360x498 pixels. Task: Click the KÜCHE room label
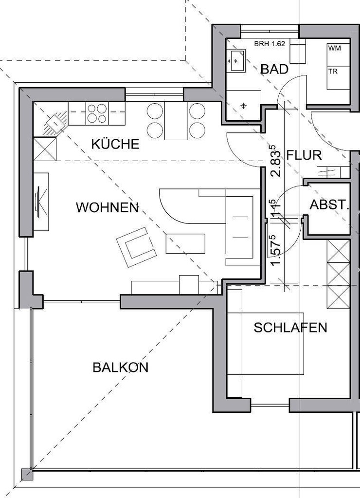click(x=115, y=144)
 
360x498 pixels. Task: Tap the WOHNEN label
click(x=108, y=207)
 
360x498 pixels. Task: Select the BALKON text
click(x=120, y=368)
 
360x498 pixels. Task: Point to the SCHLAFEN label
click(x=290, y=328)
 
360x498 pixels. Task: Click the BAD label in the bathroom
click(x=274, y=69)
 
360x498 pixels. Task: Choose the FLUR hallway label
click(x=304, y=155)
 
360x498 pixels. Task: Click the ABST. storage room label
click(x=329, y=205)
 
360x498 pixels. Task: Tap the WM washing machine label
click(x=334, y=48)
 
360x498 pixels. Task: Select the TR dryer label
click(x=333, y=72)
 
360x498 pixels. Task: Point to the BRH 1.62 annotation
click(x=270, y=44)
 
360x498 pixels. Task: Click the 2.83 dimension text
click(x=275, y=161)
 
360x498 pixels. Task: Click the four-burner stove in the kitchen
click(x=97, y=113)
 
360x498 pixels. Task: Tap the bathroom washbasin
click(x=236, y=61)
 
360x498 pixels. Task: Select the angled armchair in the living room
click(x=137, y=247)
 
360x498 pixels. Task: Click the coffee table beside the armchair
click(x=185, y=243)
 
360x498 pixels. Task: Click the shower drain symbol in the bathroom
click(x=244, y=106)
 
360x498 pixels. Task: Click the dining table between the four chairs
click(x=176, y=121)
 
